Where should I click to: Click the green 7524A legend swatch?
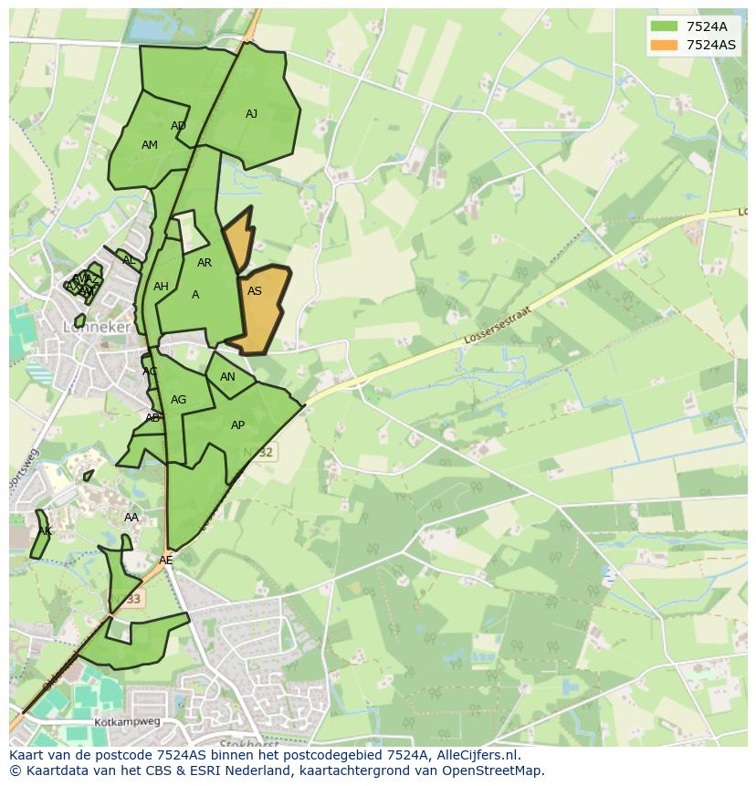(664, 26)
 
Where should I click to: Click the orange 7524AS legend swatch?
(664, 44)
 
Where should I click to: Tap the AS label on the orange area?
(255, 291)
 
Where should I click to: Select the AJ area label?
(251, 114)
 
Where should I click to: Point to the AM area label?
(150, 145)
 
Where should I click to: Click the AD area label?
(178, 126)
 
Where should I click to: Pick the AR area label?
(205, 263)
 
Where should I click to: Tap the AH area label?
(161, 287)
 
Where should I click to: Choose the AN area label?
(227, 376)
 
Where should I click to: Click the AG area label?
(178, 400)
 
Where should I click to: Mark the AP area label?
(237, 425)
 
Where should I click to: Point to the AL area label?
(129, 261)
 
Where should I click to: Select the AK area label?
(45, 531)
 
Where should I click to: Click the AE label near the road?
(165, 561)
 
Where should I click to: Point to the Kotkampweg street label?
(127, 722)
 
